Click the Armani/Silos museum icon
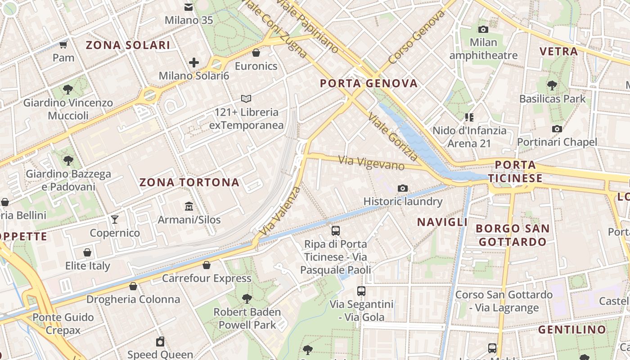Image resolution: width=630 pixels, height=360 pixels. [x=189, y=207]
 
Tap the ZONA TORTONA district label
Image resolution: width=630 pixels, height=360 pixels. [x=189, y=182]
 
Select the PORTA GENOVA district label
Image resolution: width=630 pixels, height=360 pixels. [x=369, y=83]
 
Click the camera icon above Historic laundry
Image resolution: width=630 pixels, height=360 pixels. [x=403, y=188]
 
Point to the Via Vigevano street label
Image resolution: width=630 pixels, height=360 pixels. [x=371, y=162]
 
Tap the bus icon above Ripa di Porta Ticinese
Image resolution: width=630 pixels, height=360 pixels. [x=335, y=231]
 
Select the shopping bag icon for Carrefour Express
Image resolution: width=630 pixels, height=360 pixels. [x=207, y=265]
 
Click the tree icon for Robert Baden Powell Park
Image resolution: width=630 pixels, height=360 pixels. [x=247, y=298]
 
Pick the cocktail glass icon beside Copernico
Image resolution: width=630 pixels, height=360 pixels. [x=115, y=219]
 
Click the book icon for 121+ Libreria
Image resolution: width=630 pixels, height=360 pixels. [x=246, y=99]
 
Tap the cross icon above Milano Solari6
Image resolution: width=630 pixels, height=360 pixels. [x=194, y=62]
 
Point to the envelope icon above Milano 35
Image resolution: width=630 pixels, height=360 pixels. [x=189, y=7]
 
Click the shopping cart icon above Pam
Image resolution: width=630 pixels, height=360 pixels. [x=63, y=44]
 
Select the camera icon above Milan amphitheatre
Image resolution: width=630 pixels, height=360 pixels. [x=483, y=29]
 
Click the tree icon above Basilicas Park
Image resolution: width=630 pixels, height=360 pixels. [x=552, y=85]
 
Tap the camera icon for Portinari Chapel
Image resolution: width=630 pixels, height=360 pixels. [x=557, y=129]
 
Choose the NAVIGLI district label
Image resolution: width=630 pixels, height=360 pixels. [x=442, y=222]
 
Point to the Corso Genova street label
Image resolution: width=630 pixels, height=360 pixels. [x=417, y=37]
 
